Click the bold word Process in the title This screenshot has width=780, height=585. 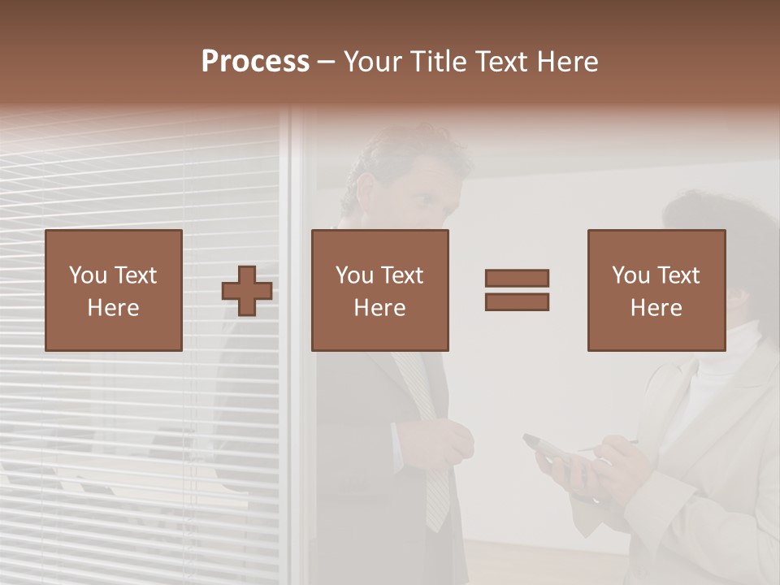(x=255, y=62)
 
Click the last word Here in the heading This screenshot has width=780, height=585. (x=568, y=62)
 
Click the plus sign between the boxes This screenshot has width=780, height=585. (x=247, y=291)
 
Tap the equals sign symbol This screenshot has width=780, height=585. (x=517, y=290)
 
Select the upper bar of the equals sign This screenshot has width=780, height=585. (x=517, y=278)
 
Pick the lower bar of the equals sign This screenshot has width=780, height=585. (x=517, y=302)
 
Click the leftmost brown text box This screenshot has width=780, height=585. (x=113, y=290)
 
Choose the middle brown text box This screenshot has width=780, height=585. (x=379, y=290)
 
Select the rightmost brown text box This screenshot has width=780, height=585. (x=656, y=290)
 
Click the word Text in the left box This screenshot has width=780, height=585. (x=135, y=275)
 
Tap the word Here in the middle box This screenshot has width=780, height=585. (x=379, y=308)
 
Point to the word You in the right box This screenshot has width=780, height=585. (x=630, y=275)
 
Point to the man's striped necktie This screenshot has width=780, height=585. (x=431, y=439)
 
